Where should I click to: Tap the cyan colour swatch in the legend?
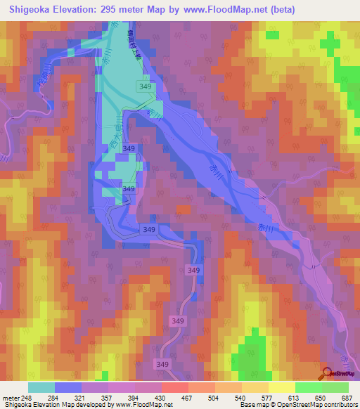pos(41,387)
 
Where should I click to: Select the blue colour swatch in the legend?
pos(68,387)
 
